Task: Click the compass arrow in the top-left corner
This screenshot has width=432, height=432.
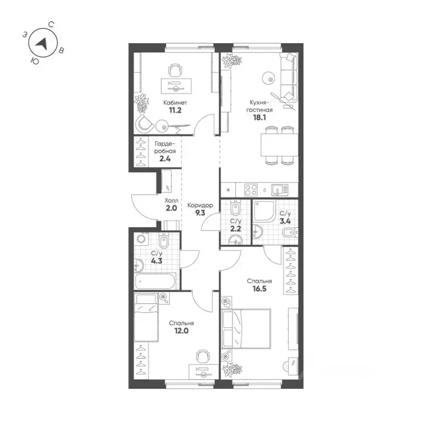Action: tap(42, 43)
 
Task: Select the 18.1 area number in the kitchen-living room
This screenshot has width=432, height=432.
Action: tap(262, 119)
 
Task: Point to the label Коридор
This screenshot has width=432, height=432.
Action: tap(200, 206)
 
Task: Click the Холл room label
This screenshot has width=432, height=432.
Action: tap(171, 200)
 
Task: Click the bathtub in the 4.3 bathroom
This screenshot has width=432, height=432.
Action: tap(157, 280)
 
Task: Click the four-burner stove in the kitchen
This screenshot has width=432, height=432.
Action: tap(251, 189)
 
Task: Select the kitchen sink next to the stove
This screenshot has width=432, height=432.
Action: tap(277, 189)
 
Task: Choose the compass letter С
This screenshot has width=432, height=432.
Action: tap(51, 24)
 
